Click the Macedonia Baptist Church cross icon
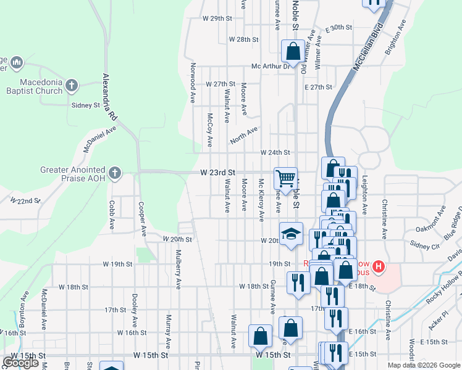coord(72,86)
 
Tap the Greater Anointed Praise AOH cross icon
coord(114,173)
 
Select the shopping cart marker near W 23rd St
coord(285,178)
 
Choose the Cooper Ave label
coord(141,220)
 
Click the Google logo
coord(20,363)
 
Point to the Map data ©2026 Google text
coord(423,365)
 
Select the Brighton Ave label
coord(395,39)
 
